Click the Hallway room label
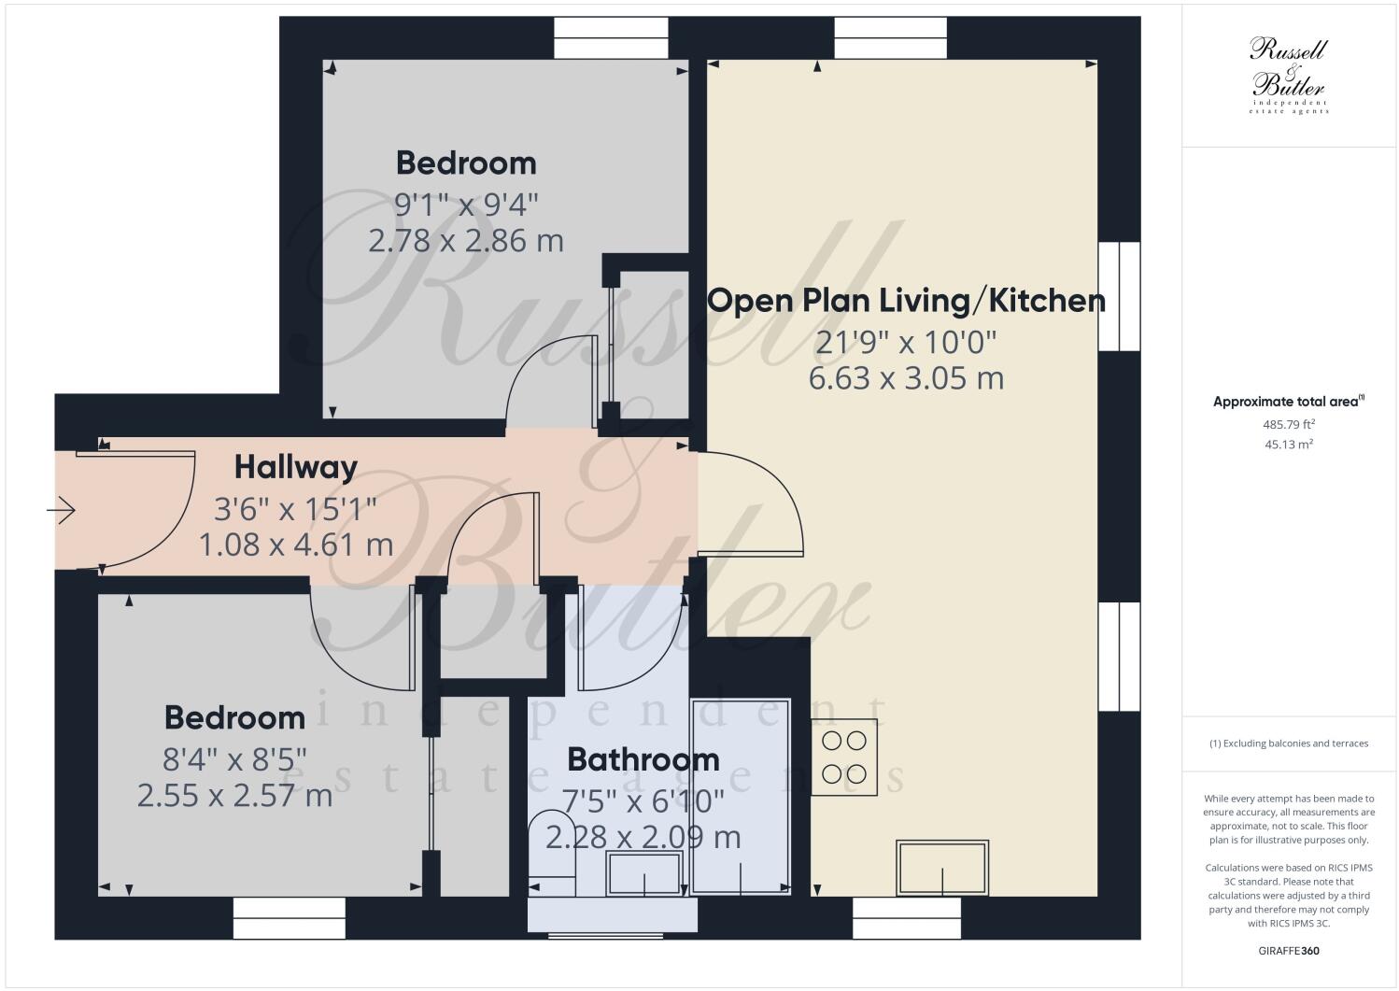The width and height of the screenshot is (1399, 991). [295, 467]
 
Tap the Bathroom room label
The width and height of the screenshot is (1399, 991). [643, 759]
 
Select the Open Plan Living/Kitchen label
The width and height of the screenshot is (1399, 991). [906, 301]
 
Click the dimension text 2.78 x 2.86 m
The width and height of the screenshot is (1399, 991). [466, 241]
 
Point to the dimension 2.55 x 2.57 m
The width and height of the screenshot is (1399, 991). [234, 796]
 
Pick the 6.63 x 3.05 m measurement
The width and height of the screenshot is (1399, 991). [906, 378]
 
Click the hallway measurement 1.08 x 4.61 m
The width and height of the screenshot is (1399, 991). [295, 544]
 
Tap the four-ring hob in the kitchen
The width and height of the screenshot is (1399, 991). [843, 757]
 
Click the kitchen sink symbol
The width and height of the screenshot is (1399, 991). [941, 868]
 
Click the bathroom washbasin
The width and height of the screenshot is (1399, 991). [644, 873]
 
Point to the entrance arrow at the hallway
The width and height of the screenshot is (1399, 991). [62, 510]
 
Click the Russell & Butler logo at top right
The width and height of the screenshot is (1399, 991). [1289, 75]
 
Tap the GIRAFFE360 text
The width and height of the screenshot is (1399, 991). [1289, 952]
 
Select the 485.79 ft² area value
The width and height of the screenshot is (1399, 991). [1289, 424]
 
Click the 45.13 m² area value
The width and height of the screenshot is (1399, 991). [1289, 445]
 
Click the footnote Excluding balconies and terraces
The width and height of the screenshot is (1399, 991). [1289, 743]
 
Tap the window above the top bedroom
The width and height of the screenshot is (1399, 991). [611, 37]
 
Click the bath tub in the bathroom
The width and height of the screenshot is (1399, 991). [741, 795]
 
